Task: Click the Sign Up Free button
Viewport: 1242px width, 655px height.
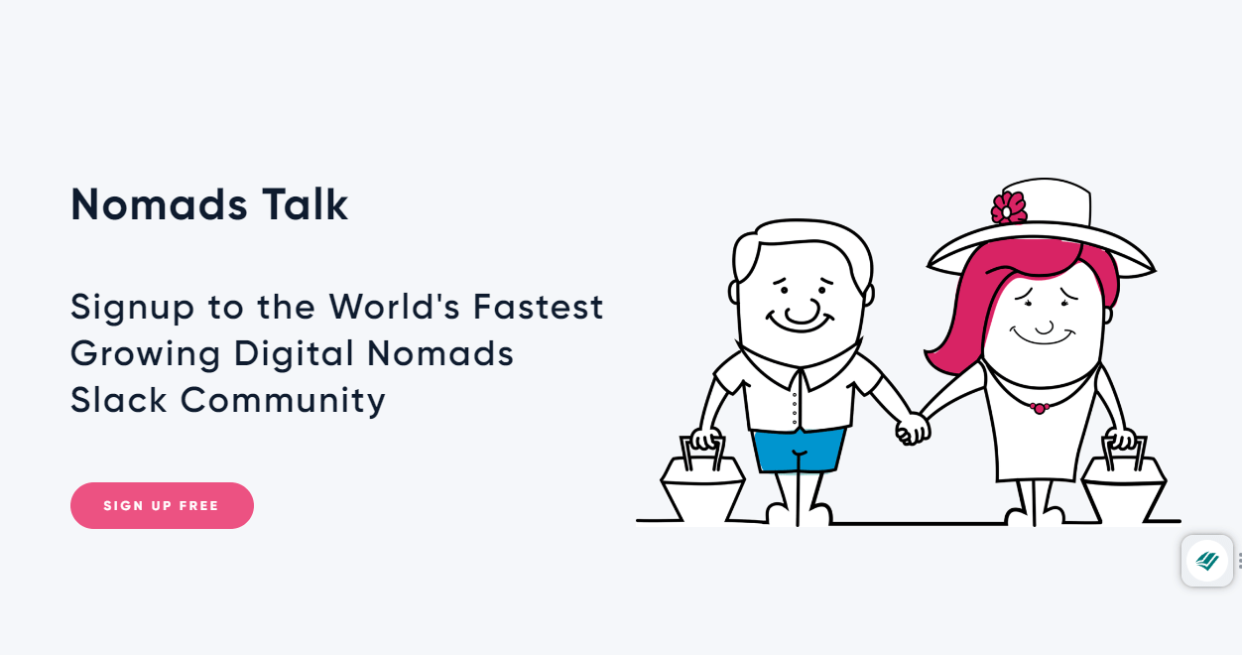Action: pyautogui.click(x=162, y=505)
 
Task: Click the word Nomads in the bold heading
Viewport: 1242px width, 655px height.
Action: pyautogui.click(x=159, y=204)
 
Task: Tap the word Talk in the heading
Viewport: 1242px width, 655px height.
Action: pyautogui.click(x=305, y=204)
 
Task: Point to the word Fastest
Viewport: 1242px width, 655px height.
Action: pyautogui.click(x=538, y=307)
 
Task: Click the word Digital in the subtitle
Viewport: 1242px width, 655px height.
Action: pyautogui.click(x=294, y=354)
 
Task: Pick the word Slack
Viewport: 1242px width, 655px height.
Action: pyautogui.click(x=119, y=400)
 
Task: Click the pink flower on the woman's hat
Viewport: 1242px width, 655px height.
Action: pyautogui.click(x=1009, y=208)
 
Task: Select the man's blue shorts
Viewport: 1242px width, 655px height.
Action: pyautogui.click(x=799, y=450)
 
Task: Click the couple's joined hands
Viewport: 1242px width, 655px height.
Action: pyautogui.click(x=913, y=430)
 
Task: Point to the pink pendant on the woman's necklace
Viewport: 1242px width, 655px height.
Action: pyautogui.click(x=1039, y=409)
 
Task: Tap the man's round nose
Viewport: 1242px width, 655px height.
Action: pyautogui.click(x=802, y=312)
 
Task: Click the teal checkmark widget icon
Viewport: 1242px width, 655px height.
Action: pyautogui.click(x=1207, y=561)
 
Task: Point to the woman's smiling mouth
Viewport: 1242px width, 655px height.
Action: pyautogui.click(x=1043, y=336)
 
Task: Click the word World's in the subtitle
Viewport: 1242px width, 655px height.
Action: pyautogui.click(x=394, y=307)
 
